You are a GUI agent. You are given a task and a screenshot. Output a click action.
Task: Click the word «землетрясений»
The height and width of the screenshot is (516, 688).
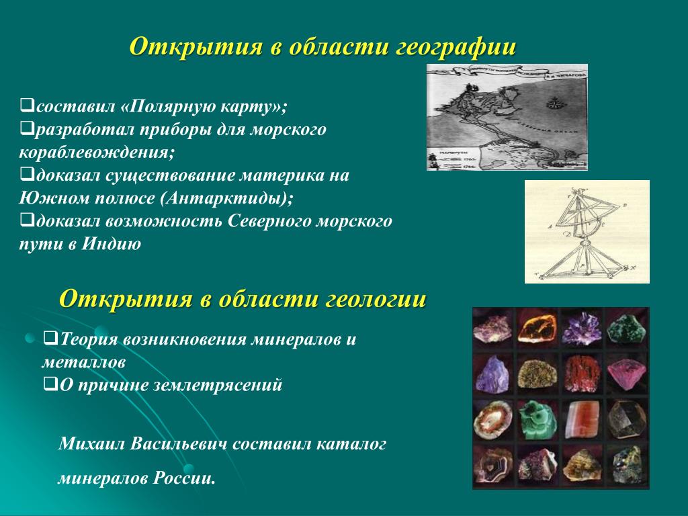[218, 385]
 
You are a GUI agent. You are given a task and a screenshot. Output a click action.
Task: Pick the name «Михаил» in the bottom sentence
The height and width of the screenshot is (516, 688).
[91, 443]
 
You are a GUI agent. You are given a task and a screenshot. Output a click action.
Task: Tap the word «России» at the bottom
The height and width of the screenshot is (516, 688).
[184, 478]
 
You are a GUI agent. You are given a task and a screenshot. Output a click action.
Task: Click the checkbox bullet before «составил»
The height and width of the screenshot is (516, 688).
[27, 105]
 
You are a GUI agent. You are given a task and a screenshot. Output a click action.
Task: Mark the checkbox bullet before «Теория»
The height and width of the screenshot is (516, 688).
[51, 338]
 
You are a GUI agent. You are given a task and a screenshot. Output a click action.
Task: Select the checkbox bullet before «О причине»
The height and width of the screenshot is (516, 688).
[51, 384]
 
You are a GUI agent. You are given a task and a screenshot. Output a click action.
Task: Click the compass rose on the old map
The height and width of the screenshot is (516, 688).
[554, 103]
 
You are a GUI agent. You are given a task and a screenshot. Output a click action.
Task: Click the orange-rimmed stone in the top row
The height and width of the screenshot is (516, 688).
[538, 328]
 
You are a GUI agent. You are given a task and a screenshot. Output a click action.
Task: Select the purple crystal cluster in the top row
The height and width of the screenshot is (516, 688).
[581, 328]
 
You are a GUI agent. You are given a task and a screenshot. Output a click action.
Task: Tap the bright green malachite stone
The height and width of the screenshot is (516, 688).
[537, 419]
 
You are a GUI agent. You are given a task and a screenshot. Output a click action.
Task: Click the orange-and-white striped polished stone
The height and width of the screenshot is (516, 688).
[581, 420]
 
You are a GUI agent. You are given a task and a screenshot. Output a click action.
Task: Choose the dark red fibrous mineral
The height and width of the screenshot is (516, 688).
[581, 374]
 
